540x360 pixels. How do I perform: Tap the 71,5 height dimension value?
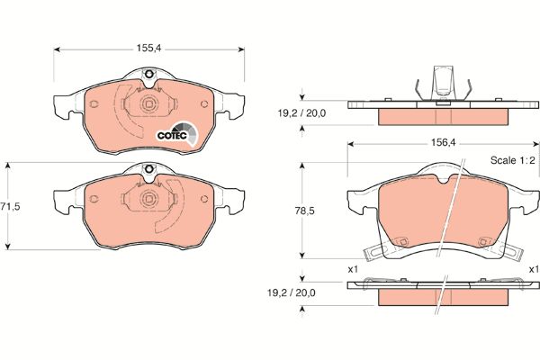[10, 206]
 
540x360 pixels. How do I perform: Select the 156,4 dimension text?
[443, 142]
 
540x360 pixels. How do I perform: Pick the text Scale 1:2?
[512, 160]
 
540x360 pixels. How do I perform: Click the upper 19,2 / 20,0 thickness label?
[301, 113]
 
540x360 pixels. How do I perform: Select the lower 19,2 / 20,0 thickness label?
[292, 293]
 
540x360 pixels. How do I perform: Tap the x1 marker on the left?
[354, 269]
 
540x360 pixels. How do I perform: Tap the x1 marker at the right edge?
[535, 269]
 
